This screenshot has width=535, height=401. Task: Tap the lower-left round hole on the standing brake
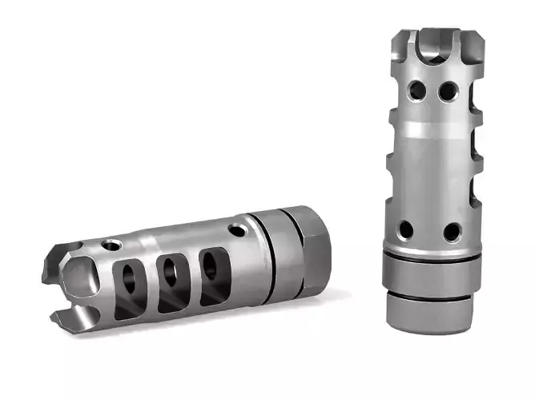406,230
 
